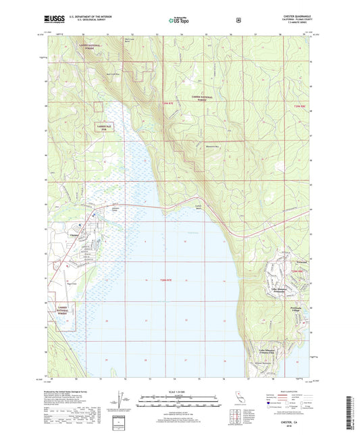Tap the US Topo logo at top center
179,21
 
